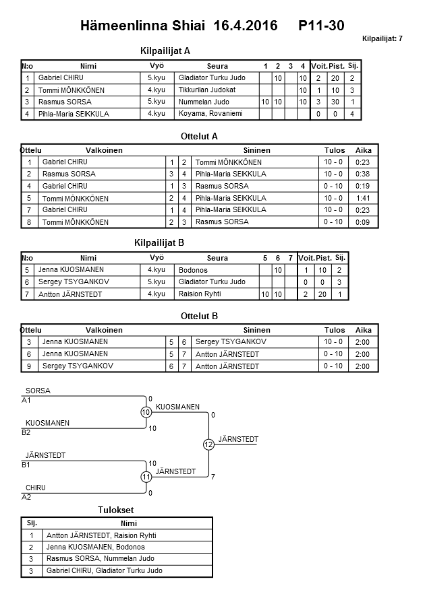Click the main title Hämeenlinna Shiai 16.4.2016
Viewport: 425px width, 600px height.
(x=179, y=26)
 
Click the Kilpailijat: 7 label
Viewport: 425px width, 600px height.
(x=382, y=39)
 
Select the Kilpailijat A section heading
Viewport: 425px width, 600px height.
(x=165, y=51)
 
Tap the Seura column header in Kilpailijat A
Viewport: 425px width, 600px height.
(x=217, y=66)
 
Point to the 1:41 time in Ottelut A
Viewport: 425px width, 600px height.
(x=363, y=198)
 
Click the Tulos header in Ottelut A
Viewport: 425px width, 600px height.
(x=334, y=150)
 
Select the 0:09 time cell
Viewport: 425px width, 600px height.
(x=363, y=222)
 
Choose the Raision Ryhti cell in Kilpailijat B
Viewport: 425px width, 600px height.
(x=200, y=294)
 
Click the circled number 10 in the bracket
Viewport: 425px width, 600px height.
(x=146, y=412)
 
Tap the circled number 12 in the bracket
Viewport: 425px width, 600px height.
(x=208, y=444)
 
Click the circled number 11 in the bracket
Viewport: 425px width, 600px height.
(x=146, y=477)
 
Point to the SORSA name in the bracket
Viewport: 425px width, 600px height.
(x=38, y=391)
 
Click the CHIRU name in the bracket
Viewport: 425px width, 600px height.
(x=36, y=488)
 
